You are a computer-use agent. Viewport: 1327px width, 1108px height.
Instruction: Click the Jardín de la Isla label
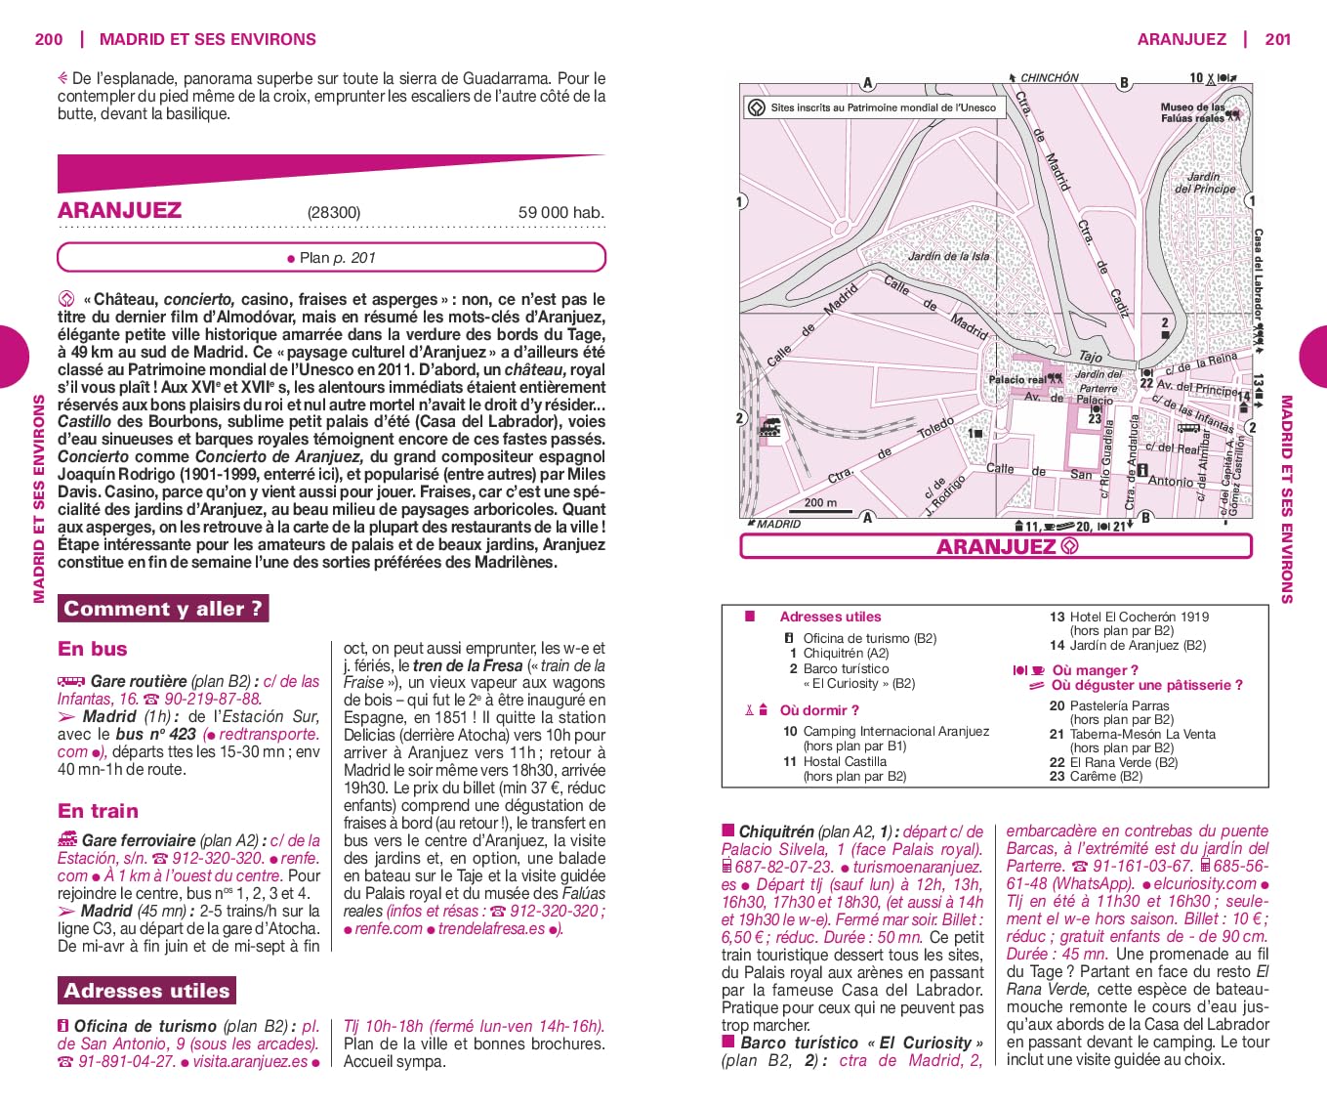pos(948,256)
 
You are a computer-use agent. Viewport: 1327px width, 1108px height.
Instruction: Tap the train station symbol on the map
pos(770,427)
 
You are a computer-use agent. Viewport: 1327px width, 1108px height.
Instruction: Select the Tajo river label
pos(1090,357)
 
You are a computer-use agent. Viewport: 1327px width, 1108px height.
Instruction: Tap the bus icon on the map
pos(1187,427)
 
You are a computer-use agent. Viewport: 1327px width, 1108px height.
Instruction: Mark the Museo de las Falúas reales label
pos(1192,112)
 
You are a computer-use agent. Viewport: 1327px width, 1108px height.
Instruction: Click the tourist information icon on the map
pos(1141,471)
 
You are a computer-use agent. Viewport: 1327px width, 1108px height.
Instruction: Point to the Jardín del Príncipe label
pos(1205,183)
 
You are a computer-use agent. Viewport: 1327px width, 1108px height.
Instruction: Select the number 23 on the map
pos(1095,419)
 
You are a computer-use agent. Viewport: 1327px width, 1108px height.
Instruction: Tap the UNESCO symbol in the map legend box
pos(756,107)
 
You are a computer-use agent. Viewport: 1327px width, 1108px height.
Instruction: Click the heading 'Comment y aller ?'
pos(163,609)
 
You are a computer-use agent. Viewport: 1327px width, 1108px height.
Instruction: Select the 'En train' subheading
pos(98,811)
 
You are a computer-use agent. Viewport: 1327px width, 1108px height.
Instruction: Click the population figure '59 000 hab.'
pos(560,212)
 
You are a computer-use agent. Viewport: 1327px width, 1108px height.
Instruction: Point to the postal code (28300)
pos(334,212)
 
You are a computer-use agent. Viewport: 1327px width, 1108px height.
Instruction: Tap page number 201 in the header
pos(1277,39)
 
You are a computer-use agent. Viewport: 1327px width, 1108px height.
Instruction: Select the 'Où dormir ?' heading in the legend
pos(819,710)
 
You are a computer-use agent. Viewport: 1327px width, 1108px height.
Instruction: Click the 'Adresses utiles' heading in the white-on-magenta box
pos(146,991)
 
